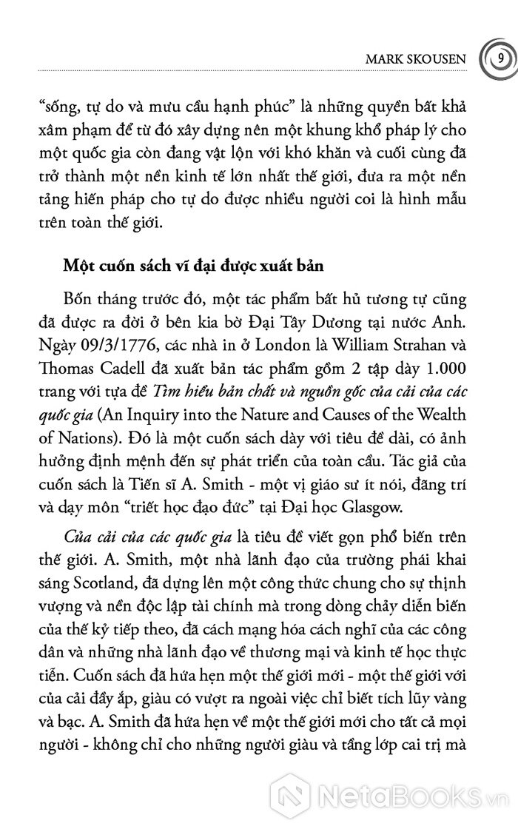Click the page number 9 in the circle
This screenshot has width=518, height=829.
point(501,56)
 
